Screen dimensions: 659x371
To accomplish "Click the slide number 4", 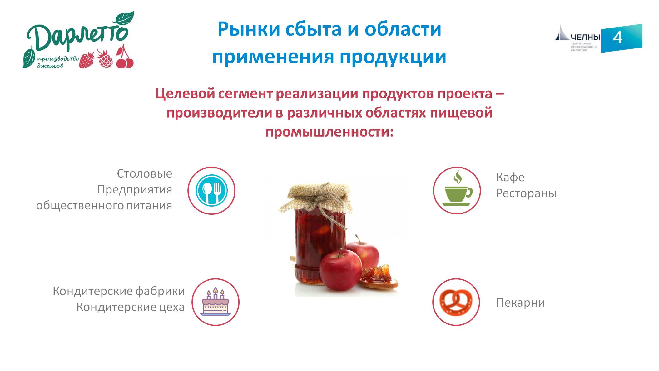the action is point(617,38).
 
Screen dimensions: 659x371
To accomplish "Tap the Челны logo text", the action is point(585,37).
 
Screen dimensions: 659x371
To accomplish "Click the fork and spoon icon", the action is point(211,190).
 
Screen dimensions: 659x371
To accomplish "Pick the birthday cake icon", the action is point(216,302).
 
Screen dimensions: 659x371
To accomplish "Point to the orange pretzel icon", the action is point(456,302).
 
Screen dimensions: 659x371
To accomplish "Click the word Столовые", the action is point(144,173).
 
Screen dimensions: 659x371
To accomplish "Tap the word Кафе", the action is point(510,177).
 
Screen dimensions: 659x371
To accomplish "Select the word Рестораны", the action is point(526,193).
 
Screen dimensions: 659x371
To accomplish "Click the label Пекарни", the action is point(520,303).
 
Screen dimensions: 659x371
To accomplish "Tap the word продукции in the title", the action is point(393,57).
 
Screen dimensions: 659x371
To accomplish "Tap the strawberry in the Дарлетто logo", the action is point(87,60).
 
